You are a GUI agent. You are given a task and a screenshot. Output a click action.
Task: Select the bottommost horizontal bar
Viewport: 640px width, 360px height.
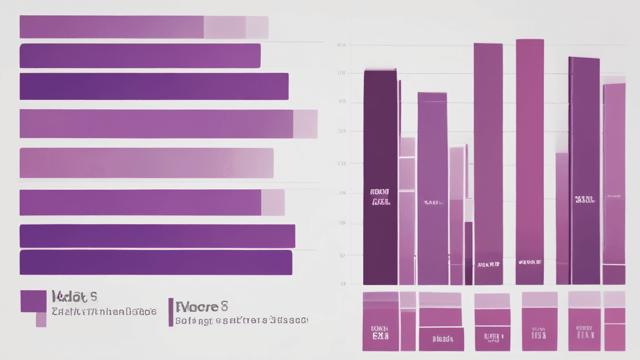pyautogui.click(x=155, y=262)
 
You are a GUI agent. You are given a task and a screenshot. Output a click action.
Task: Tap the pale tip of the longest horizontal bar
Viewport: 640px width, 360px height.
pyautogui.click(x=305, y=124)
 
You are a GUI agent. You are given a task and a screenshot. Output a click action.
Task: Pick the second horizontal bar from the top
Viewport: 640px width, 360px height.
pyautogui.click(x=140, y=55)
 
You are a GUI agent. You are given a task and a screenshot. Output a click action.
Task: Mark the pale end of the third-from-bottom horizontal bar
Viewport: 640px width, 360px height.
pyautogui.click(x=273, y=202)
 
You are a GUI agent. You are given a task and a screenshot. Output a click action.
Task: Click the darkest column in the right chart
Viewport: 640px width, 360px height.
pyautogui.click(x=380, y=175)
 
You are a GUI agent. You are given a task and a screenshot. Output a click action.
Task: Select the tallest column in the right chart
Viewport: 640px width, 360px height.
pyautogui.click(x=529, y=160)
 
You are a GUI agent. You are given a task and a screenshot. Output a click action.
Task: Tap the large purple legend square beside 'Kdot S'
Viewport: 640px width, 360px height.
pyautogui.click(x=33, y=301)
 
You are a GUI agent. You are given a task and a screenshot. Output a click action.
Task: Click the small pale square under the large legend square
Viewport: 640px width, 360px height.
pyautogui.click(x=41, y=319)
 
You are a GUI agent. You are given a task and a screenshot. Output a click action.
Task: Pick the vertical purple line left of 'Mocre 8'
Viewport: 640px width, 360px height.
pyautogui.click(x=171, y=312)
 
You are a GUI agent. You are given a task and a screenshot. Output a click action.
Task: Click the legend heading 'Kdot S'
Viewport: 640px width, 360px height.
pyautogui.click(x=74, y=297)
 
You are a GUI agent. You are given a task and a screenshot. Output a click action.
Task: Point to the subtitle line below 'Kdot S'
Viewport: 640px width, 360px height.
pyautogui.click(x=104, y=311)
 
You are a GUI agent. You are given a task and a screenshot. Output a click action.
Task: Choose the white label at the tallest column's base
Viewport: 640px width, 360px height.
pyautogui.click(x=529, y=262)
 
